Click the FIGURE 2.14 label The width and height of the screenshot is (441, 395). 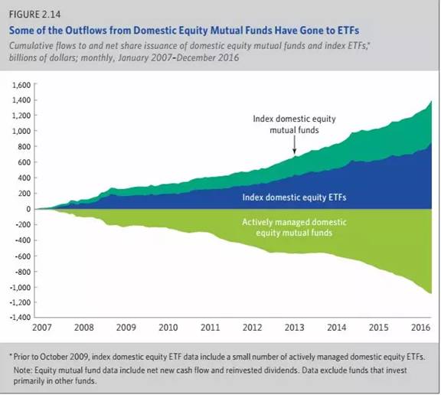point(34,15)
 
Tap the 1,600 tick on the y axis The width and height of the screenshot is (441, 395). point(21,85)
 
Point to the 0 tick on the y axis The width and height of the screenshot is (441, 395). point(28,209)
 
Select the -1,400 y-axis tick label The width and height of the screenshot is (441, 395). point(20,318)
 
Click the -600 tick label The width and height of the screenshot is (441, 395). point(23,256)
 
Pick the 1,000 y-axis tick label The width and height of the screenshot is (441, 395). point(21,131)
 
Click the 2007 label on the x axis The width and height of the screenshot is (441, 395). point(42,328)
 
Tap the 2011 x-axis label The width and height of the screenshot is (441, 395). point(210,328)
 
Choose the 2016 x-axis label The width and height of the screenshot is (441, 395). point(421,328)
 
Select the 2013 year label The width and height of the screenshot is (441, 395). point(295,328)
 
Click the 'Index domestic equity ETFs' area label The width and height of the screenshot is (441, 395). point(294,197)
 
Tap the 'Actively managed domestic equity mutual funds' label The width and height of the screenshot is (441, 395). point(294,227)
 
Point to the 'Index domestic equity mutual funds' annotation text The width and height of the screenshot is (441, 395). point(294,124)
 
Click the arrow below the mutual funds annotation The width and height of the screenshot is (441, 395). point(295,145)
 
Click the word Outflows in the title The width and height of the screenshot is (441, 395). point(86,31)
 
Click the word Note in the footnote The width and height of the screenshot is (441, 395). point(22,370)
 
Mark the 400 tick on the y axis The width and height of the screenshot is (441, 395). point(24,178)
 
